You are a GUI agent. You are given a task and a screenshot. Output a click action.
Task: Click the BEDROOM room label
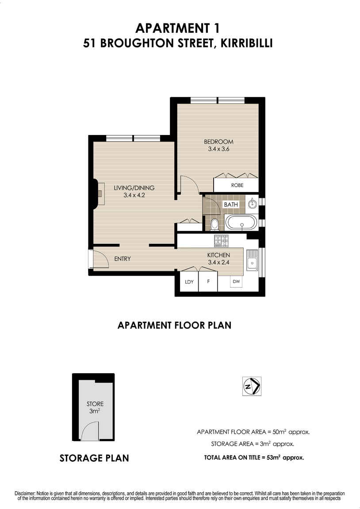click(218, 142)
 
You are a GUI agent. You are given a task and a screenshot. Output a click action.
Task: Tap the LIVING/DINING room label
click(134, 188)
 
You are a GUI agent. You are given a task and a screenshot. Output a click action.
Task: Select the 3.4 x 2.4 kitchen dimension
click(218, 262)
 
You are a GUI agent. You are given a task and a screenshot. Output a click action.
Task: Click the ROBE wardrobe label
click(237, 185)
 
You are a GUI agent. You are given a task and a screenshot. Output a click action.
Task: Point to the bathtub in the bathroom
click(241, 222)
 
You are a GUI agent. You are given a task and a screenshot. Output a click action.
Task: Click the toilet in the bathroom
click(214, 224)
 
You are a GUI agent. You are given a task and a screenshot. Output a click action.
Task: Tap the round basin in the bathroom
click(253, 204)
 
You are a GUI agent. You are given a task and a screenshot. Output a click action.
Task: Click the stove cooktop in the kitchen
click(220, 241)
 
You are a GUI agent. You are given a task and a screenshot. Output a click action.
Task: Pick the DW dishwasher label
click(236, 281)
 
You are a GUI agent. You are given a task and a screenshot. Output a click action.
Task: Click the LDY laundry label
click(189, 282)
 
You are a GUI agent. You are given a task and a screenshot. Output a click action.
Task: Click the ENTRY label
click(122, 258)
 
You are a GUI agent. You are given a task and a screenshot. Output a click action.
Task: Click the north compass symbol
click(252, 386)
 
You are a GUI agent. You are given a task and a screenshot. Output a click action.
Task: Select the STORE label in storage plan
click(95, 404)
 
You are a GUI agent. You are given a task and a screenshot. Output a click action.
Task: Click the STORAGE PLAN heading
click(94, 458)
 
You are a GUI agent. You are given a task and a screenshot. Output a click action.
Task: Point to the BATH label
click(231, 204)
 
